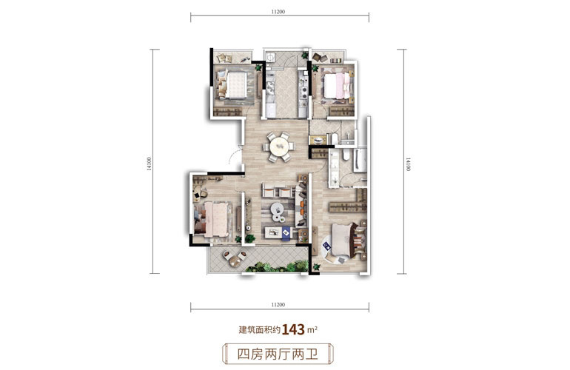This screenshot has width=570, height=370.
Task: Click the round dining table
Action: [279, 147]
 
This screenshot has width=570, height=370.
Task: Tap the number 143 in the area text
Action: [293, 329]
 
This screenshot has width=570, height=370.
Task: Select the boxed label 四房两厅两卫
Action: [278, 354]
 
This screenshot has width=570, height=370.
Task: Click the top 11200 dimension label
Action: [278, 12]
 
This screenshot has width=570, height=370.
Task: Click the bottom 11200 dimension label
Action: [278, 305]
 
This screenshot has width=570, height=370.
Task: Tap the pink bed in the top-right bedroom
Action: [338, 86]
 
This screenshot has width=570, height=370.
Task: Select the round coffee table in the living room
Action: [277, 209]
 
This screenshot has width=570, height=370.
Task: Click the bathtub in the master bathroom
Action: [361, 160]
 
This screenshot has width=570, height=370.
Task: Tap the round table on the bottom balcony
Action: [235, 260]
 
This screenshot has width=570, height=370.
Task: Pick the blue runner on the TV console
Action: [286, 232]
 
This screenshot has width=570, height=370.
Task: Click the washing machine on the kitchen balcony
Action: [270, 58]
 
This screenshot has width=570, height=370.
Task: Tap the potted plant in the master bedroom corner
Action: [316, 267]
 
